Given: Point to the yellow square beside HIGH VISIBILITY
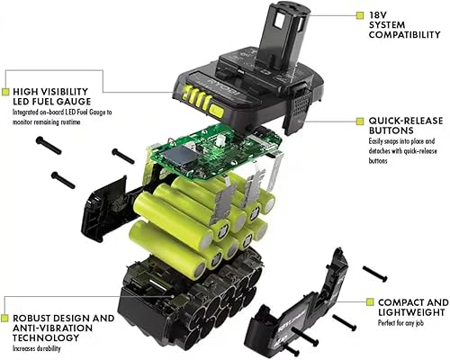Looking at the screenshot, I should click(x=5, y=91).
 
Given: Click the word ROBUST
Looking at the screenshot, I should click(x=31, y=319).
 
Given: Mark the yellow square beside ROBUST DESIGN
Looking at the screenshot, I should click(x=5, y=319).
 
